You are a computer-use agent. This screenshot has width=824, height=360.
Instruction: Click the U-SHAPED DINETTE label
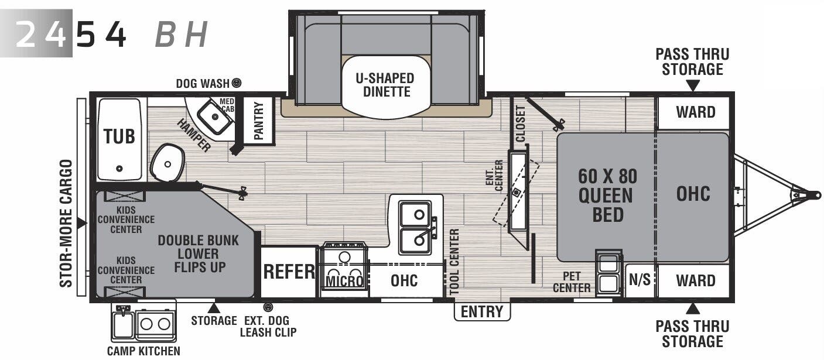click(x=387, y=85)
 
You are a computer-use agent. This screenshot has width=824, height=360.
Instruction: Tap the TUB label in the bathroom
click(x=119, y=136)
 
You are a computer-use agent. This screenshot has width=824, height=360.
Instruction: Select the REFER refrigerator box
click(x=289, y=272)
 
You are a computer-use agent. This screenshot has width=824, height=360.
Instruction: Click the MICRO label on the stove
click(x=344, y=282)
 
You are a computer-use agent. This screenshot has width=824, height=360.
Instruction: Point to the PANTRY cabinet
click(x=258, y=120)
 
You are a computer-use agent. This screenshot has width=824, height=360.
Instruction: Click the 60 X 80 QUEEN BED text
click(x=607, y=196)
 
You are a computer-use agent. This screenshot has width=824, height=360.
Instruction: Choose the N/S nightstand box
click(x=640, y=280)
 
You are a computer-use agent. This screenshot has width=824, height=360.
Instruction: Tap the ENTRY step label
click(x=482, y=311)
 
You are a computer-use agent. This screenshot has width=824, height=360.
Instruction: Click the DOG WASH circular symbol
click(x=237, y=83)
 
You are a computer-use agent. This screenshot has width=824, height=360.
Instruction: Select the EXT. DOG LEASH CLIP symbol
click(x=268, y=307)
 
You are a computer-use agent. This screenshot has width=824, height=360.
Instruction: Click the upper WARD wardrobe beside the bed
click(x=695, y=112)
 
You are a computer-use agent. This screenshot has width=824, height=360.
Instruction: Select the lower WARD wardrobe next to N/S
click(x=695, y=280)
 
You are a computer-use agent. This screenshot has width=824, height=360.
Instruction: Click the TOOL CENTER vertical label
click(x=454, y=262)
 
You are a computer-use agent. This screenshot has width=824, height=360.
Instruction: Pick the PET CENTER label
click(x=572, y=281)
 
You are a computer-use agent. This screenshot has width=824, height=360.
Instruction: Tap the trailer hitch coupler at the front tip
click(x=812, y=194)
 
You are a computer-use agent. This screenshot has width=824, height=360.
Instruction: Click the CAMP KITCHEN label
click(x=143, y=351)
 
